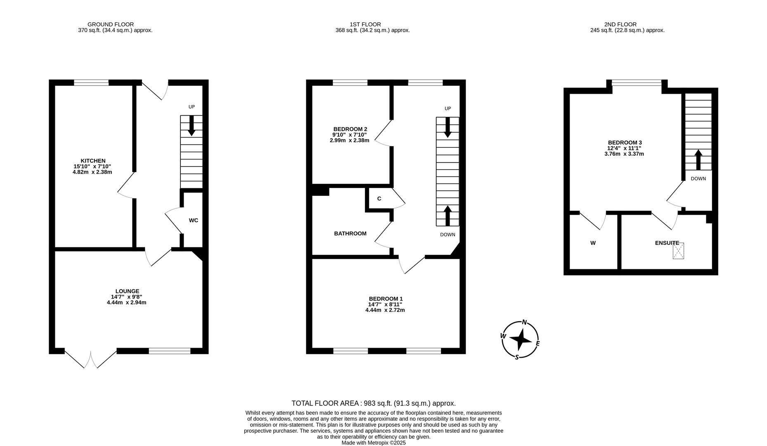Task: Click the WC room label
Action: [x=193, y=221]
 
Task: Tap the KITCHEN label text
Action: [x=93, y=161]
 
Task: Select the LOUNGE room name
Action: [x=127, y=291]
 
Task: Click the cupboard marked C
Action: [x=379, y=199]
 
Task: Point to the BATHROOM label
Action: [x=350, y=234]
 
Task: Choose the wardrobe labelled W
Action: [x=593, y=243]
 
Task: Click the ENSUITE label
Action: [x=667, y=243]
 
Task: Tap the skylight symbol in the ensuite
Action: [x=678, y=251]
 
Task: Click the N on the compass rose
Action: [x=525, y=323]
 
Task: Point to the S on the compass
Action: [x=517, y=357]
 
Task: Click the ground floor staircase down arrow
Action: [x=192, y=126]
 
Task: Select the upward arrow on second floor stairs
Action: [x=698, y=160]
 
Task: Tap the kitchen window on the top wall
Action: [x=91, y=83]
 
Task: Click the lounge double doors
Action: [x=91, y=358]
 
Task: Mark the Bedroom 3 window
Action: [x=636, y=83]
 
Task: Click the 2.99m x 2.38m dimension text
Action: [x=349, y=140]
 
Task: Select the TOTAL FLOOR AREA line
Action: [x=374, y=403]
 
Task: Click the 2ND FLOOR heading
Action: [x=620, y=24]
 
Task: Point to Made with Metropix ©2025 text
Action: [x=374, y=443]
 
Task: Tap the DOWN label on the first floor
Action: [x=447, y=235]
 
